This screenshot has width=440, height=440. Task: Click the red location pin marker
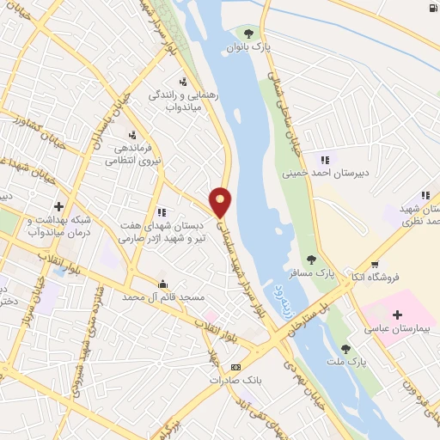pyautogui.click(x=221, y=201)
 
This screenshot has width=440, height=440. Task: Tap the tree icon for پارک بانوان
pyautogui.click(x=250, y=35)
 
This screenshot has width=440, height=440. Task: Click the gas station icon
pyautogui.click(x=430, y=9)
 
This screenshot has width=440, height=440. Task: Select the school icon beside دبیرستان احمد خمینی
pyautogui.click(x=325, y=159)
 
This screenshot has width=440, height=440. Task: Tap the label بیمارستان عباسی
pyautogui.click(x=398, y=329)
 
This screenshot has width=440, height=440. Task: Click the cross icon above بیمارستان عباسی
pyautogui.click(x=397, y=315)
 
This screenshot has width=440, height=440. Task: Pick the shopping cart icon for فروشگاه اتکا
pyautogui.click(x=374, y=263)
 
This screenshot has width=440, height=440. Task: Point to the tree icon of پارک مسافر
pyautogui.click(x=311, y=259)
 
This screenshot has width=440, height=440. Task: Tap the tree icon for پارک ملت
pyautogui.click(x=345, y=348)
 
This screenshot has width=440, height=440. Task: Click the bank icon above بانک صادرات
pyautogui.click(x=236, y=368)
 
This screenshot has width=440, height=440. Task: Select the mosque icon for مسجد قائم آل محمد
pyautogui.click(x=163, y=284)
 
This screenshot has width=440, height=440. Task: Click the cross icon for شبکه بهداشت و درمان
pyautogui.click(x=58, y=206)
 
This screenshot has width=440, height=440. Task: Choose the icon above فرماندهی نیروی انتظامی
pyautogui.click(x=132, y=134)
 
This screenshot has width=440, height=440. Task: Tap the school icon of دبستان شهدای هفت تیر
pyautogui.click(x=162, y=211)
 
